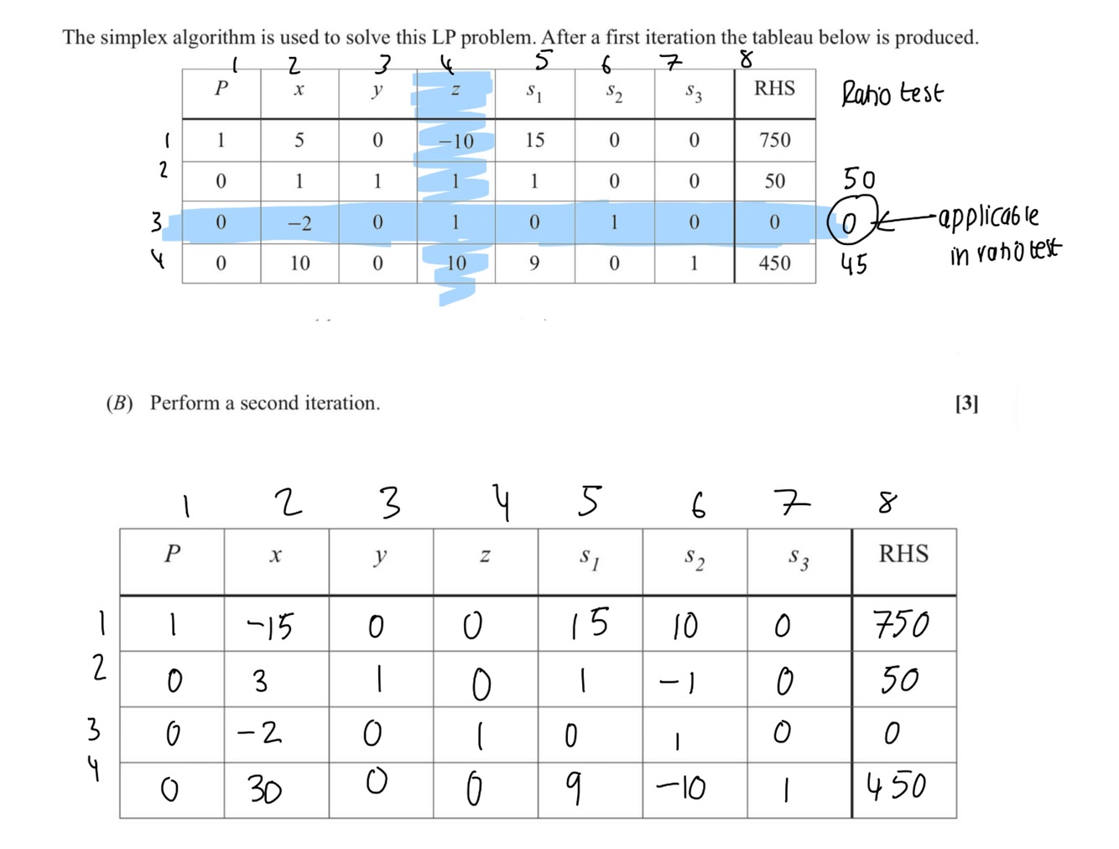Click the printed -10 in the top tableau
click(456, 141)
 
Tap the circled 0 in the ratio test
click(851, 222)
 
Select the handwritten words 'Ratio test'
click(892, 92)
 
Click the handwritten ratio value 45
click(854, 265)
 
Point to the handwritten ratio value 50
click(859, 180)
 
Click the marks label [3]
click(966, 404)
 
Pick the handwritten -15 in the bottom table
click(270, 626)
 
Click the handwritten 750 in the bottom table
click(901, 624)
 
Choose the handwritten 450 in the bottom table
click(897, 787)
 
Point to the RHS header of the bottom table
click(903, 554)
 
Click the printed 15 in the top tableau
click(535, 140)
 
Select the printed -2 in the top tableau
click(299, 223)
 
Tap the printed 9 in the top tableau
click(534, 263)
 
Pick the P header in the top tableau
click(221, 89)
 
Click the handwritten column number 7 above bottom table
click(793, 503)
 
